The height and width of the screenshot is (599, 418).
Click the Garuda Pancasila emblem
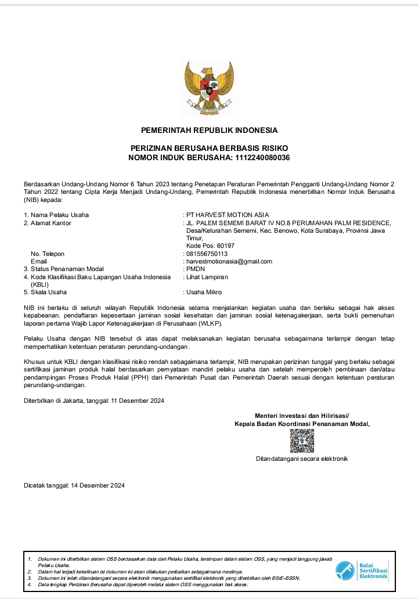(x=209, y=87)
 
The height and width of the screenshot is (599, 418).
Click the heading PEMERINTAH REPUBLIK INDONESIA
(x=209, y=130)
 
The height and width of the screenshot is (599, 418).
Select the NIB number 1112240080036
(x=262, y=158)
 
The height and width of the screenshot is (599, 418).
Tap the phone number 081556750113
(x=207, y=254)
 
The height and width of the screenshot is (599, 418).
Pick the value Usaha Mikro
(x=204, y=292)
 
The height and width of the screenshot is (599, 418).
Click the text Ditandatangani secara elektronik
(x=302, y=459)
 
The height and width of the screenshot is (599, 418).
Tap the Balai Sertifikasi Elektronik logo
(x=363, y=571)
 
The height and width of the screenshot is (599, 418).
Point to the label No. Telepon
(x=48, y=254)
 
